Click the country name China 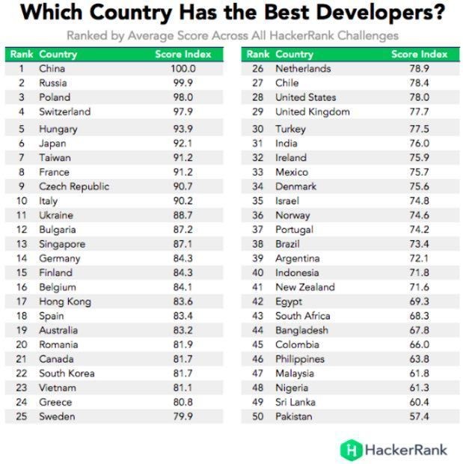pos(52,69)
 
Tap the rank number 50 pos(257,416)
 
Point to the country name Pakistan pos(293,416)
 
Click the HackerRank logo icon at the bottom pos(351,449)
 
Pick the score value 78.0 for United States pos(419,97)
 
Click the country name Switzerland pos(64,112)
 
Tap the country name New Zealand pos(304,287)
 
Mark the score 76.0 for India pos(419,143)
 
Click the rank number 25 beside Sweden pos(22,416)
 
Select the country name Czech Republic pos(74,186)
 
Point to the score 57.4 pos(419,416)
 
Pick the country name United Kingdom pos(312,112)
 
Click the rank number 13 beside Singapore pos(22,244)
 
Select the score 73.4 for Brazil pos(419,244)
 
